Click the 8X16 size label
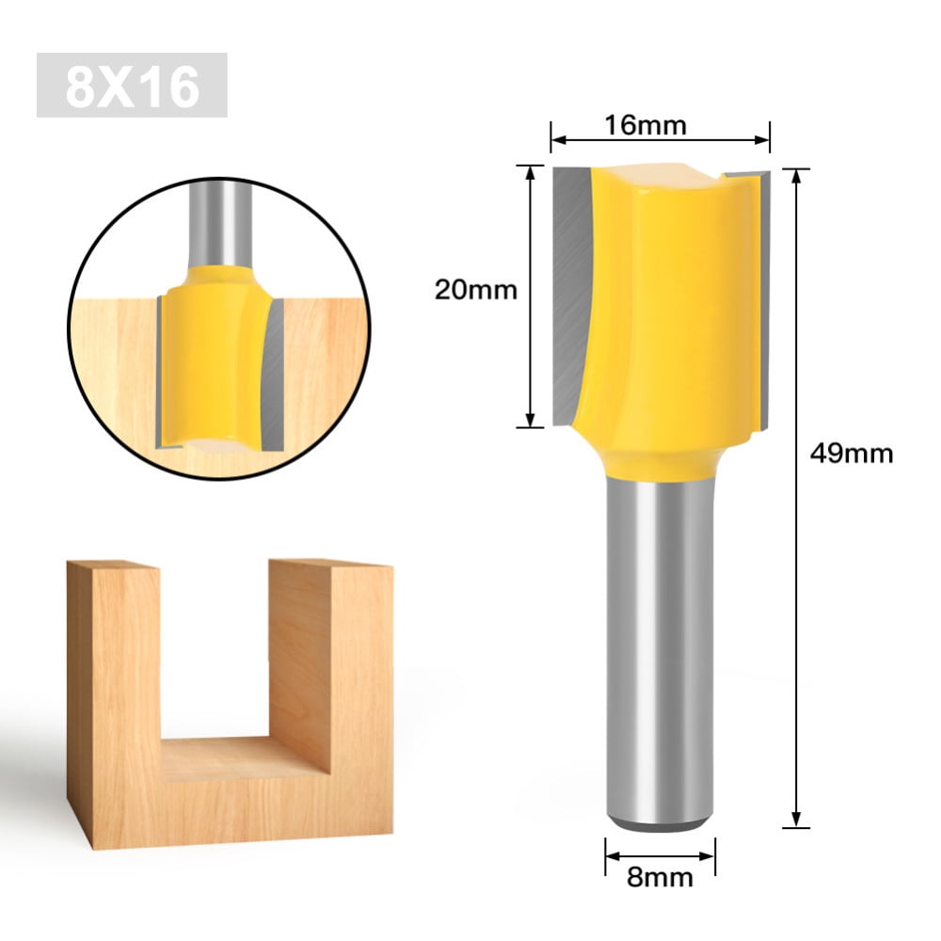click(x=132, y=86)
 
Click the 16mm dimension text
click(x=660, y=124)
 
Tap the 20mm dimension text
click(x=475, y=290)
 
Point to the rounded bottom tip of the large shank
click(x=660, y=824)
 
